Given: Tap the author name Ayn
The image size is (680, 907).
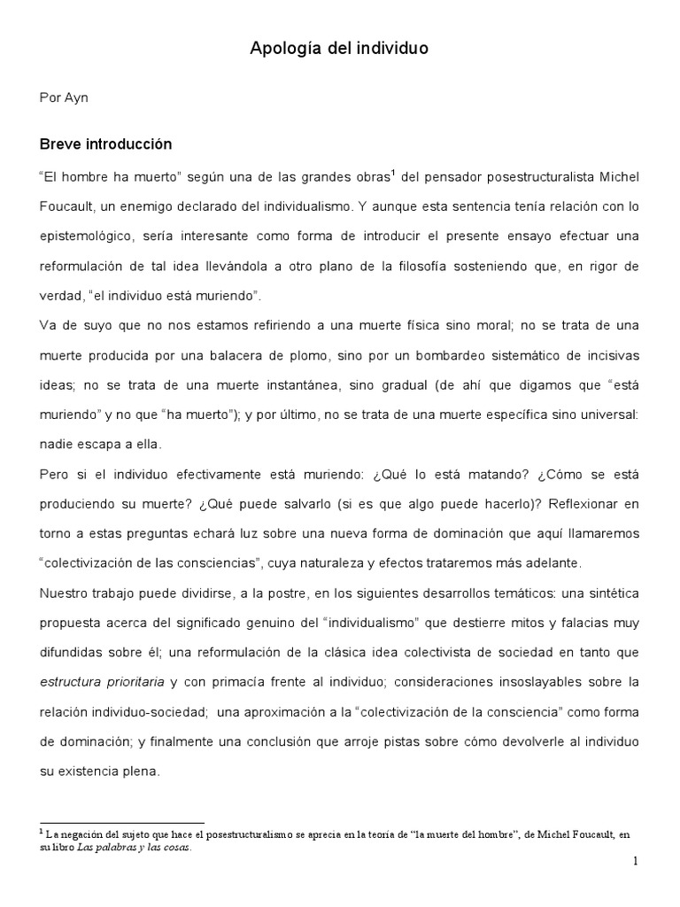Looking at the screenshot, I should click(x=75, y=97).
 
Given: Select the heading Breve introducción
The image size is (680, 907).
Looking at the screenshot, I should click(x=106, y=143).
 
